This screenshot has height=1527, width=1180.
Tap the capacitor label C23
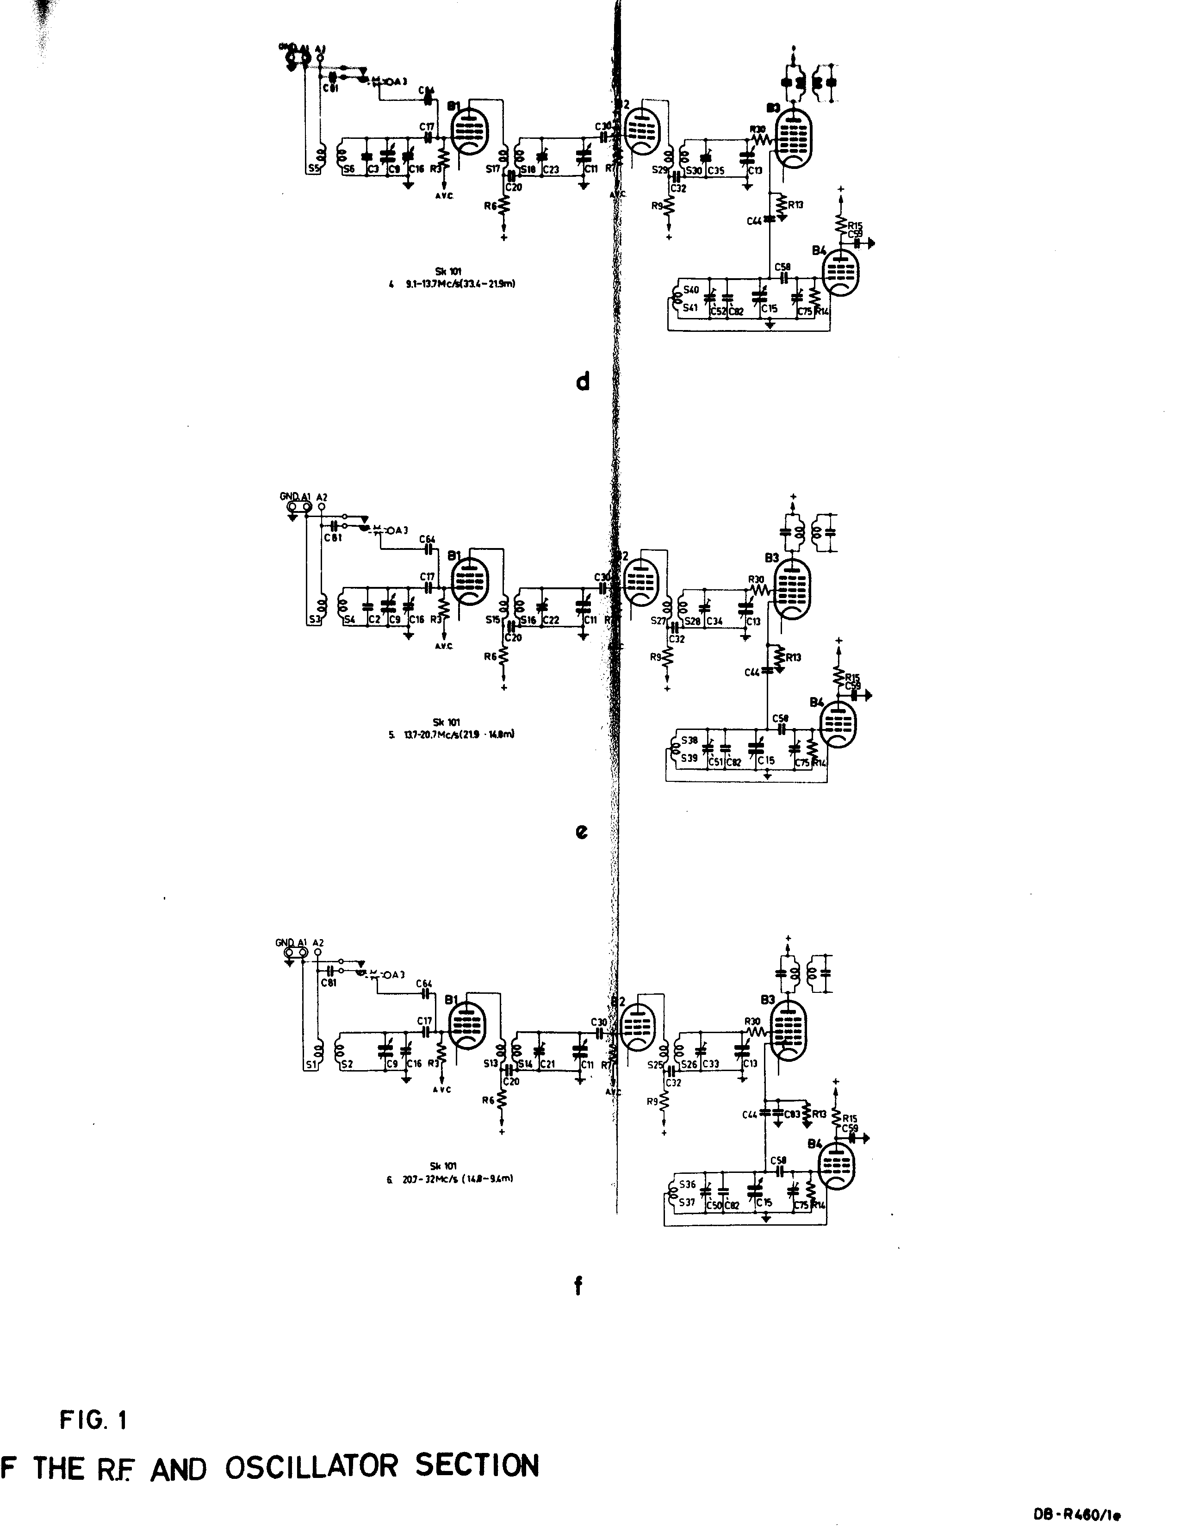550,169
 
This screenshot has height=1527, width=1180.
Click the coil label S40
691,289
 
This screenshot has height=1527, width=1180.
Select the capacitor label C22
550,620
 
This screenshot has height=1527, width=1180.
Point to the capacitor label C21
547,1064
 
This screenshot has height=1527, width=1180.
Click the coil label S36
688,1184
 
